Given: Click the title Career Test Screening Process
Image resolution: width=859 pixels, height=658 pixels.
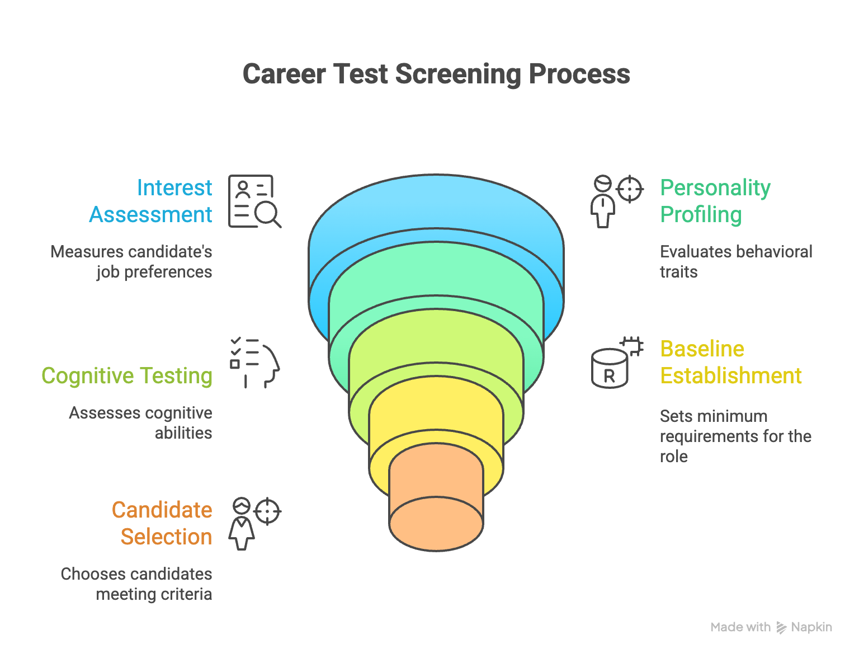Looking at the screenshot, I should (436, 74).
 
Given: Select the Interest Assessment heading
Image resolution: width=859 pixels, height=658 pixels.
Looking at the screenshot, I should (151, 201).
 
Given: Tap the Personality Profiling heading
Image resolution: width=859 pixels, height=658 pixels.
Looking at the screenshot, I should (715, 201).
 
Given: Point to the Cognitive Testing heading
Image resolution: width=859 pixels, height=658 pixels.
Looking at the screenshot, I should (127, 375).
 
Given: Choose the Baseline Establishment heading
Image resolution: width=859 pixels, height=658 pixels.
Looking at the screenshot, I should (730, 362).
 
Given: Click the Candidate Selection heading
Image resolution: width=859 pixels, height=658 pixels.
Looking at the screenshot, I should (162, 523).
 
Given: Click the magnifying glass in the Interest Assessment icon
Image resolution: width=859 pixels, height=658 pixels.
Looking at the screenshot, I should (266, 213).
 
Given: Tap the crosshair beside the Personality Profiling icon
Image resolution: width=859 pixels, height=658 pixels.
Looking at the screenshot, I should (630, 189).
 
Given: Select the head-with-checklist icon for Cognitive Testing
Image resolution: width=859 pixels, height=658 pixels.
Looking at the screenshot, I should (255, 363).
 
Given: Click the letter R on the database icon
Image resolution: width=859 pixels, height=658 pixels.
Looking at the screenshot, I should (609, 375).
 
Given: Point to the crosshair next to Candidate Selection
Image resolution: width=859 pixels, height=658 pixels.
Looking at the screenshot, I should (267, 511).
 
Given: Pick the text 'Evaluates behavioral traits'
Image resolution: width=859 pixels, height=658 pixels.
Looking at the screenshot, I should (736, 261).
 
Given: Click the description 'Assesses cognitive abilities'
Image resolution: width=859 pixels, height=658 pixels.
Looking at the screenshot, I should (141, 422).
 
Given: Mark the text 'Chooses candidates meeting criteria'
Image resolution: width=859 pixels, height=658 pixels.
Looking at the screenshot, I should (136, 584).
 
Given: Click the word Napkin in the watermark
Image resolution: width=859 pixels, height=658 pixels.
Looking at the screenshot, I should (811, 627).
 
